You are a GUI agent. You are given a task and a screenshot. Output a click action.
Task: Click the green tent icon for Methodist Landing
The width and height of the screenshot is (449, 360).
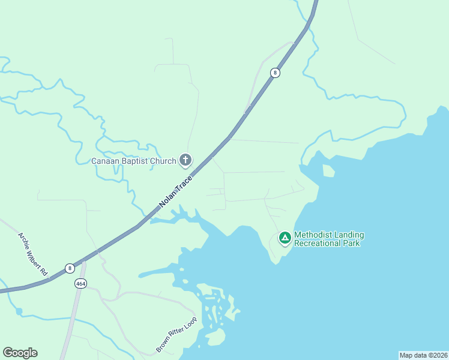pyautogui.click(x=285, y=238)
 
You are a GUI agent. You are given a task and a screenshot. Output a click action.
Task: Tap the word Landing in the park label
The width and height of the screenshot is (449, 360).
pyautogui.click(x=349, y=235)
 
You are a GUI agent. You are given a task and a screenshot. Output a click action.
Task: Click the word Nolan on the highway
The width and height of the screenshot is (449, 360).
pyautogui.click(x=168, y=199)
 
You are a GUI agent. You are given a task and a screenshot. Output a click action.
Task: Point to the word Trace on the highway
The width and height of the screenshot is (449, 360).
pyautogui.click(x=185, y=183)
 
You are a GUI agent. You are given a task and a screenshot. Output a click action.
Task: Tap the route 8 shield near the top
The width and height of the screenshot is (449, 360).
pyautogui.click(x=275, y=73)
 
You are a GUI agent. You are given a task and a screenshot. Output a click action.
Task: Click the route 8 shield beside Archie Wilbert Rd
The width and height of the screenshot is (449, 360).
pyautogui.click(x=70, y=268)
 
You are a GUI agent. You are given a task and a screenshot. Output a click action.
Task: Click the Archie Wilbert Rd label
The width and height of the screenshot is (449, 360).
pyautogui.click(x=33, y=254)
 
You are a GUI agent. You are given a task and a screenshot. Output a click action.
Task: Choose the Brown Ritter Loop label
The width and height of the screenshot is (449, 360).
pyautogui.click(x=176, y=335)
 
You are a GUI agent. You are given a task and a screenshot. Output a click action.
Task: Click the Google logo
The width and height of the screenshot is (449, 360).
pyautogui.click(x=20, y=353)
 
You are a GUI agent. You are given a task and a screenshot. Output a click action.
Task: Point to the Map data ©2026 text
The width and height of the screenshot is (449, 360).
pyautogui.click(x=423, y=355)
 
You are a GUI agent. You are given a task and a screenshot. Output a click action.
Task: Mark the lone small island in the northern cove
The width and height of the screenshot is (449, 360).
pyautogui.click(x=328, y=171)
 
